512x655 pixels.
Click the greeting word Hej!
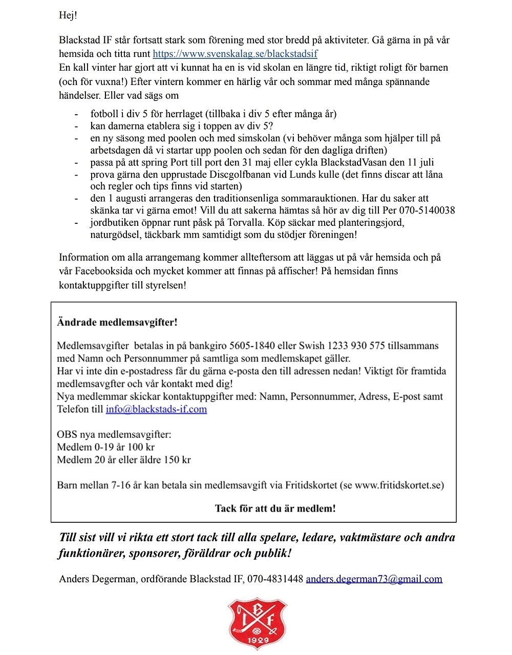pyautogui.click(x=68, y=15)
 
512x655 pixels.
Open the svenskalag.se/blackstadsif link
pyautogui.click(x=235, y=54)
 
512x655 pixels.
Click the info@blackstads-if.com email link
pyautogui.click(x=156, y=409)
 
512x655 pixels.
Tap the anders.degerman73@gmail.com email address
pyautogui.click(x=374, y=579)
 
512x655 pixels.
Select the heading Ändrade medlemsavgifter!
pyautogui.click(x=117, y=323)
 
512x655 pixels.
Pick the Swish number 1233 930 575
pyautogui.click(x=356, y=346)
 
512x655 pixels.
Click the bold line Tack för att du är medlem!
pyautogui.click(x=275, y=509)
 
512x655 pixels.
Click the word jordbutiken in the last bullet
pyautogui.click(x=114, y=223)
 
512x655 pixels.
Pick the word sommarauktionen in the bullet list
pyautogui.click(x=318, y=199)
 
